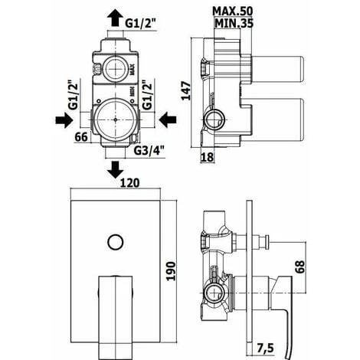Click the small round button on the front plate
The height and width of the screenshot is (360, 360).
115,244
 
